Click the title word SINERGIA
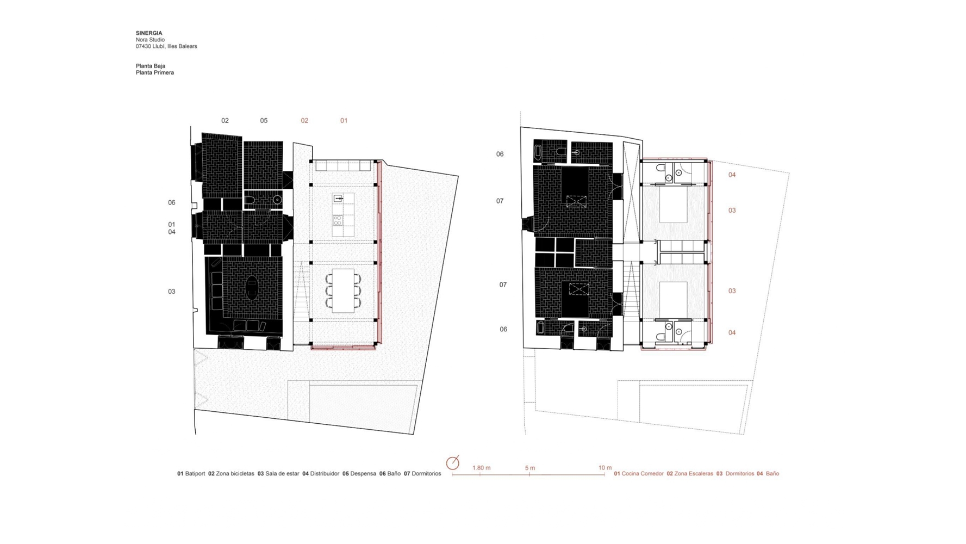pyautogui.click(x=149, y=33)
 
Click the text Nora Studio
pyautogui.click(x=150, y=40)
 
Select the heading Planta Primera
pyautogui.click(x=155, y=72)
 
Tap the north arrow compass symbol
pyautogui.click(x=453, y=462)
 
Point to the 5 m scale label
pyautogui.click(x=530, y=468)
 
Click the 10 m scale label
pyautogui.click(x=605, y=468)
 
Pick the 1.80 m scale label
pyautogui.click(x=482, y=468)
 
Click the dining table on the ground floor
pyautogui.click(x=343, y=290)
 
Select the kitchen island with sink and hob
pyautogui.click(x=343, y=215)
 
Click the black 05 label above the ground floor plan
pyautogui.click(x=264, y=121)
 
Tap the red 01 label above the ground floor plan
pyautogui.click(x=344, y=121)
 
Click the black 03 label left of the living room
pyautogui.click(x=172, y=292)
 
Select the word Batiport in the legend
pyautogui.click(x=195, y=474)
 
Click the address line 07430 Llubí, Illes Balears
pyautogui.click(x=166, y=46)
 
